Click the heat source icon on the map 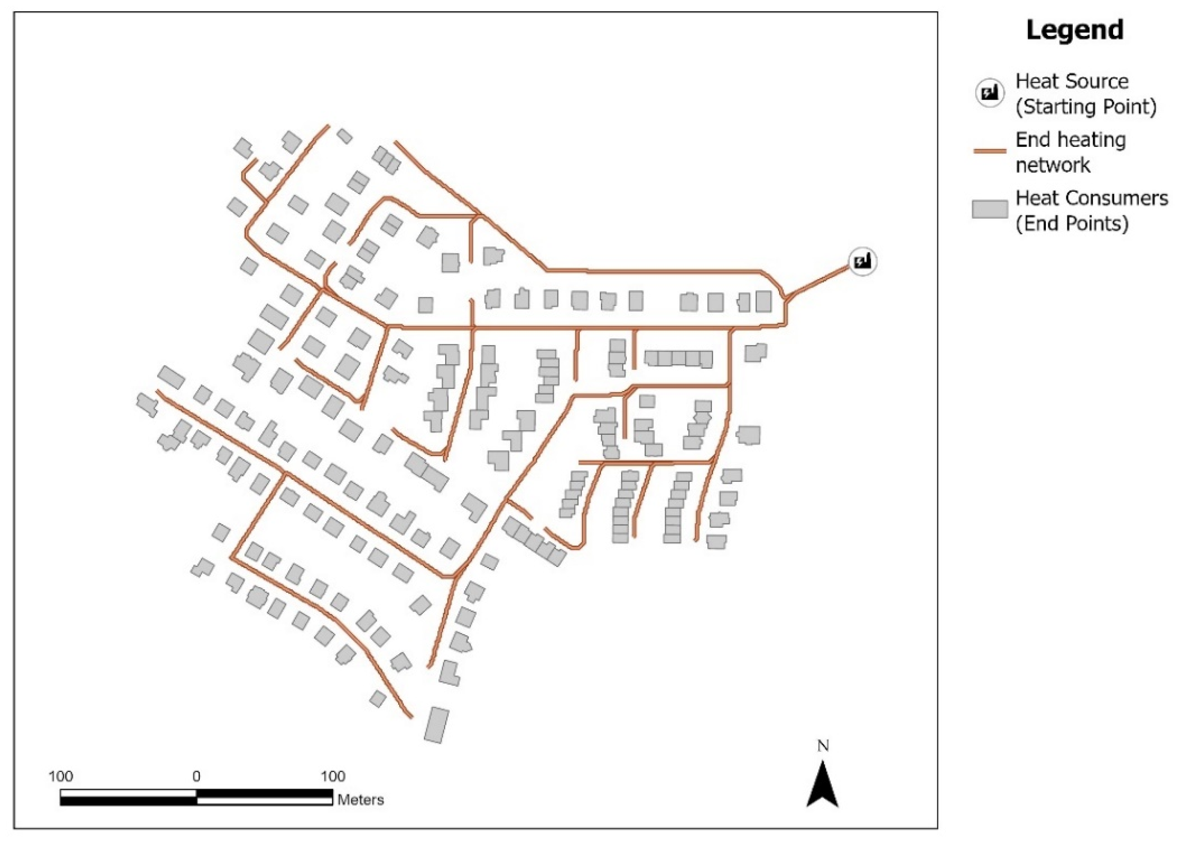863,261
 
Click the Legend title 1075,30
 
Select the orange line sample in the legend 989,151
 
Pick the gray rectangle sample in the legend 989,210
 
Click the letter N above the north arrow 823,746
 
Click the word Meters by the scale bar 360,799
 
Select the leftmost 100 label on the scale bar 61,777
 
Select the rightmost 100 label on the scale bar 332,777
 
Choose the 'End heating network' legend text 1070,152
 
